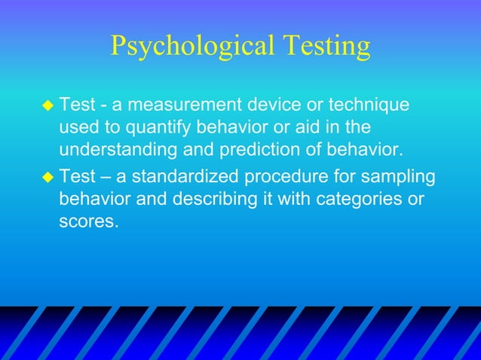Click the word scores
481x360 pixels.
tap(89, 224)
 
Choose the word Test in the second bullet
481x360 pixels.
tap(77, 178)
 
